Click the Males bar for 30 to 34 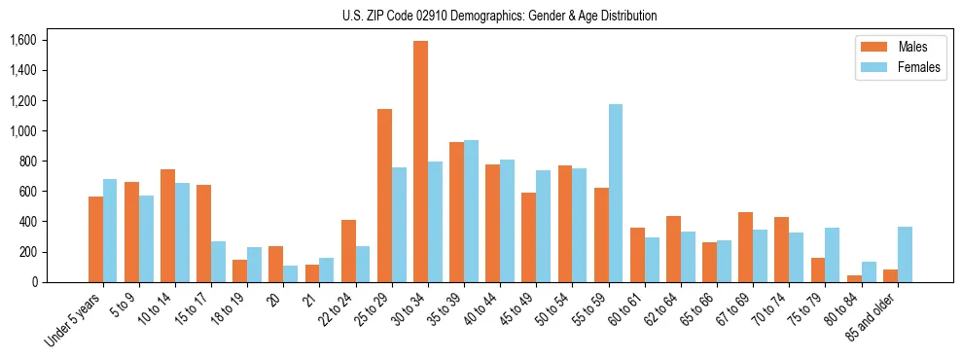(420, 162)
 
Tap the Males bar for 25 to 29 (384, 196)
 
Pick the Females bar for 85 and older (905, 254)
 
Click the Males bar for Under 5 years (95, 239)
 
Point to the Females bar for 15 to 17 (219, 262)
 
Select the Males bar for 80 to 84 (854, 278)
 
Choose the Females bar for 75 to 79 (833, 255)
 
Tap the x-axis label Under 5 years (73, 320)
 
